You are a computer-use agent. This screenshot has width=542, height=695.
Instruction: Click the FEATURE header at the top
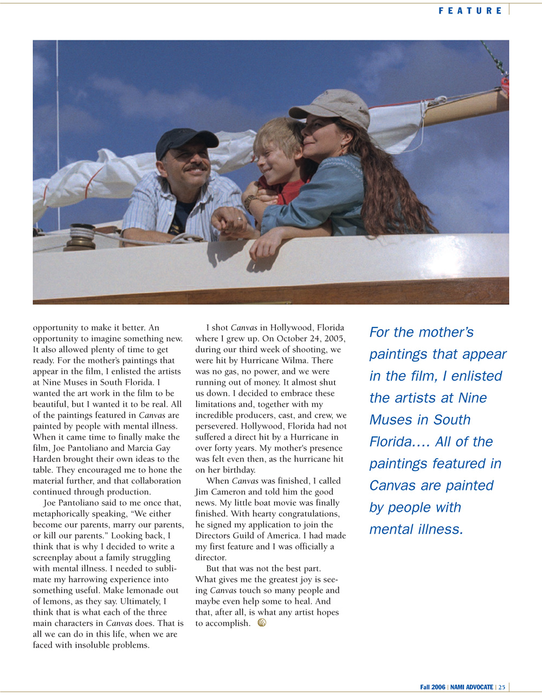click(x=470, y=10)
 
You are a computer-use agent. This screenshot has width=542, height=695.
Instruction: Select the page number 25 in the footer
click(x=501, y=687)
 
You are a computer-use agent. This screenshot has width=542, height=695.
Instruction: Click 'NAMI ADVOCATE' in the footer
click(x=472, y=687)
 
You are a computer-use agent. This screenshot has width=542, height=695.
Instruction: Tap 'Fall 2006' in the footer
click(x=433, y=687)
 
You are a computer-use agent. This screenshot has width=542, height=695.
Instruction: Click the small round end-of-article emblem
click(x=262, y=623)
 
